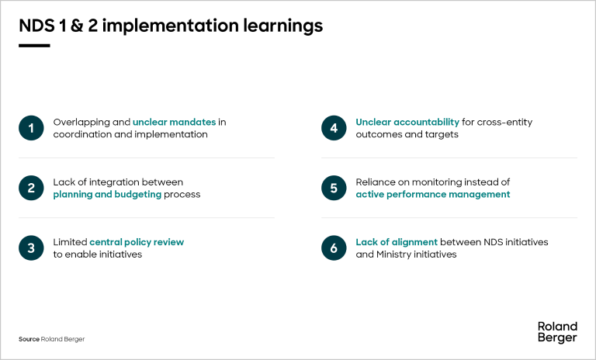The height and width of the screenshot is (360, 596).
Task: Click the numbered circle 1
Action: (x=31, y=128)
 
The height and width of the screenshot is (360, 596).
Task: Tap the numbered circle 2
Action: (x=31, y=188)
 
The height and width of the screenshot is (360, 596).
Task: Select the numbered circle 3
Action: (x=31, y=247)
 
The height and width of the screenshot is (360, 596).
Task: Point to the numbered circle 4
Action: (x=334, y=128)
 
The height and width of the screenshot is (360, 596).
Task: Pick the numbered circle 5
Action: (x=334, y=188)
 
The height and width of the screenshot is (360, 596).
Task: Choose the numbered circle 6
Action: (x=334, y=247)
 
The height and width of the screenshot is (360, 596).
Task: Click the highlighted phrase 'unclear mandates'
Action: (x=174, y=123)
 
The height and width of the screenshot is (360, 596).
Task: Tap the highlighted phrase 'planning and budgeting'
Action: (x=107, y=195)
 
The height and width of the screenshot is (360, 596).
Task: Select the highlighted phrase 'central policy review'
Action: (x=137, y=242)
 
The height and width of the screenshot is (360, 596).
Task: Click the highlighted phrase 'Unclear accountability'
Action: (x=407, y=123)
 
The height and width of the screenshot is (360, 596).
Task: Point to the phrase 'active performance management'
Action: (x=432, y=195)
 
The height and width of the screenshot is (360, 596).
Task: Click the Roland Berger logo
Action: (x=556, y=332)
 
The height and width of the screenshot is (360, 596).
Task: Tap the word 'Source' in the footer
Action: (x=29, y=339)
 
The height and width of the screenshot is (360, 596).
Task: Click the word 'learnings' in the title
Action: (x=279, y=26)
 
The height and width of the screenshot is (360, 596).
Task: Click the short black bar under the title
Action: (x=34, y=46)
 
